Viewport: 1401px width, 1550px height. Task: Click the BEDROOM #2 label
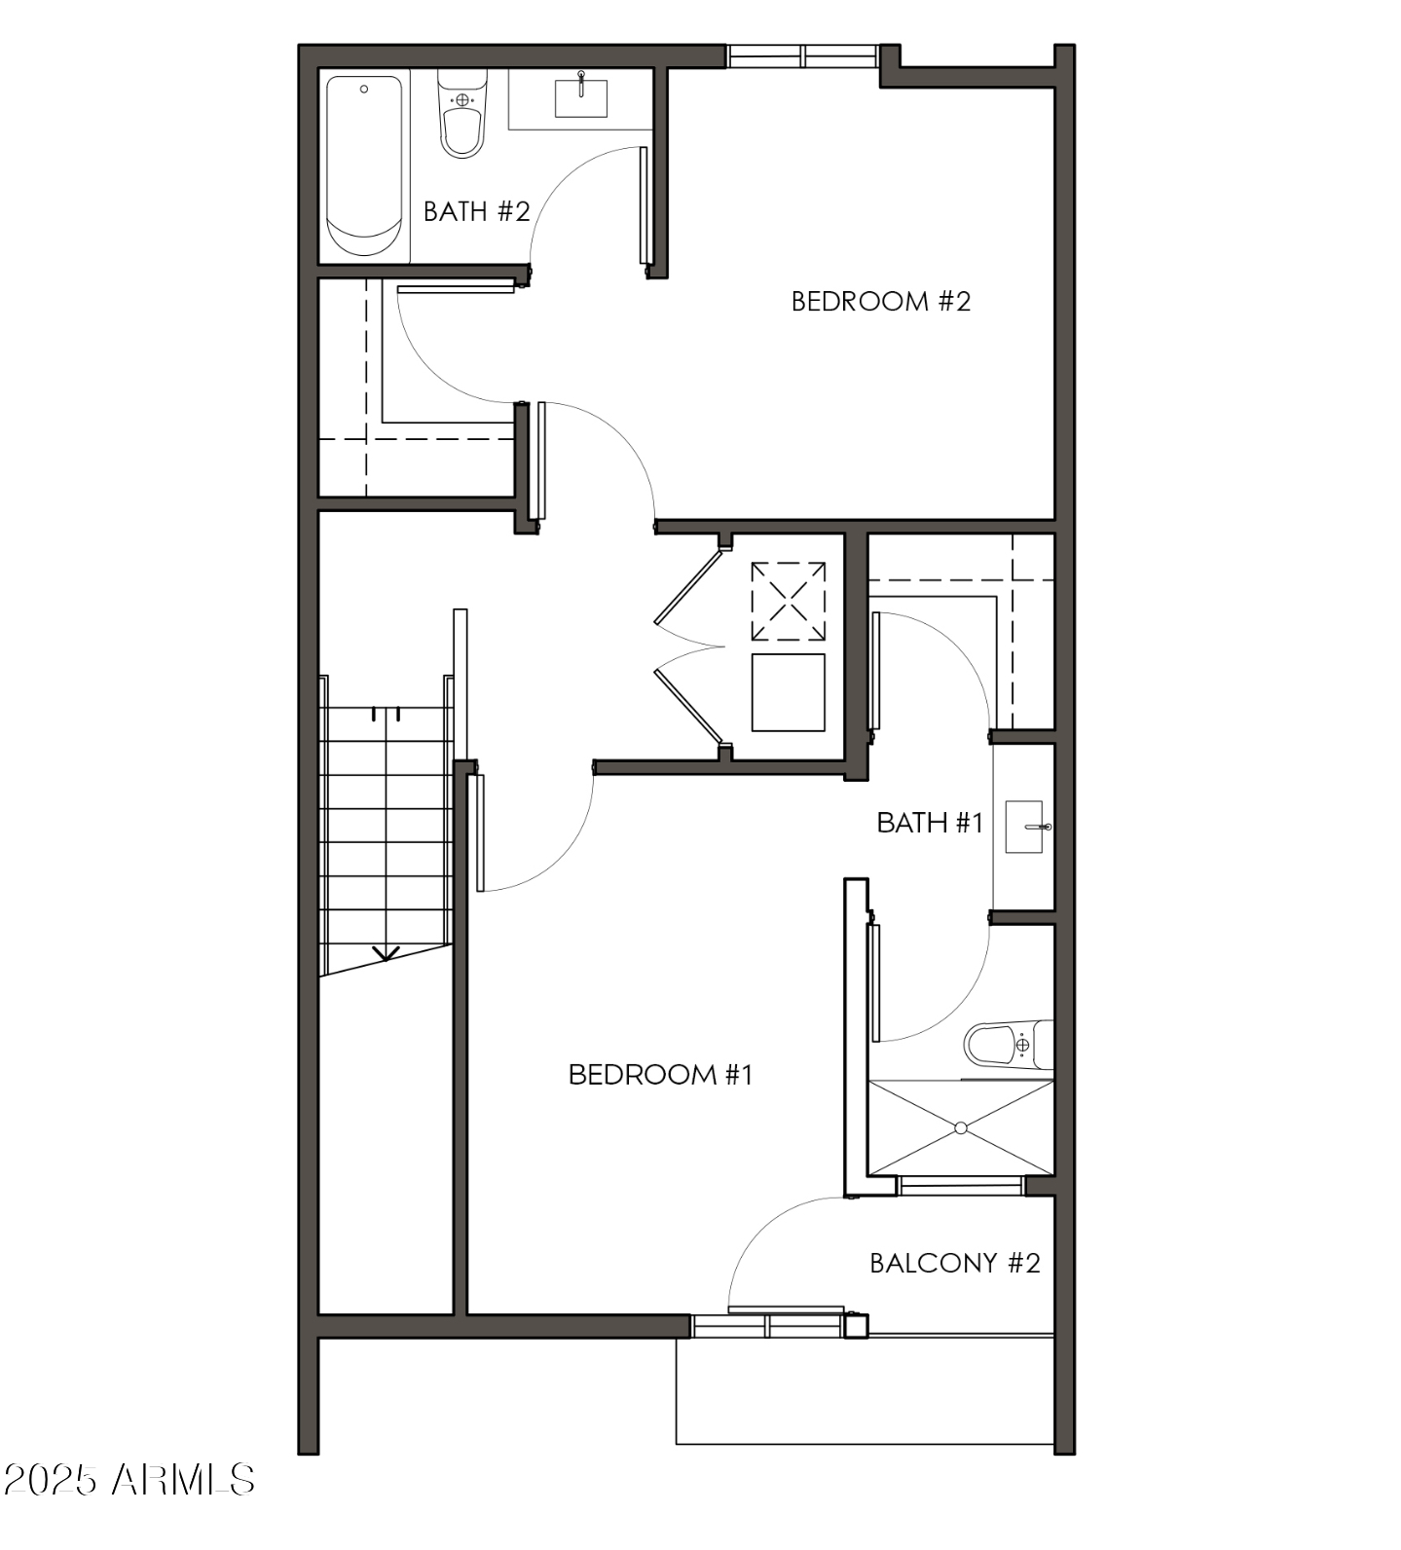[x=880, y=301]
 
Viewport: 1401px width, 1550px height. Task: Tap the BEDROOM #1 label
[x=660, y=1074]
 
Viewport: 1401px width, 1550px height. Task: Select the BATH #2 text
[x=476, y=211]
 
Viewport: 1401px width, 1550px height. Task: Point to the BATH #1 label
[x=930, y=823]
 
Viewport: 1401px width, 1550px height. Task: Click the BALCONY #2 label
[x=954, y=1263]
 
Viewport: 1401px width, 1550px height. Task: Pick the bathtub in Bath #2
[x=364, y=166]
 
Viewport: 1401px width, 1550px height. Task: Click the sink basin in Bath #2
[x=581, y=97]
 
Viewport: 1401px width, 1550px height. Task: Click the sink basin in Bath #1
[x=1023, y=827]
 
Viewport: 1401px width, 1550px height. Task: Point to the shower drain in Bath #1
[x=961, y=1127]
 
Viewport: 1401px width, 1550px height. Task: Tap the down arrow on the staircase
[x=387, y=953]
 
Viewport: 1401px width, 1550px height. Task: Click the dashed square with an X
[x=789, y=601]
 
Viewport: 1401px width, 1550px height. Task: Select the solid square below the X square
[x=789, y=692]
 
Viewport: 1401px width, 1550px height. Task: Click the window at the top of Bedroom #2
[x=803, y=56]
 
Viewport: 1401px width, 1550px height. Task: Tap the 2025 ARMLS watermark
[x=129, y=1480]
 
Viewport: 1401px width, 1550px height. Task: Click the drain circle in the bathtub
[x=364, y=89]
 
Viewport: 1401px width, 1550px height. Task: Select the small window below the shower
[x=960, y=1186]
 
